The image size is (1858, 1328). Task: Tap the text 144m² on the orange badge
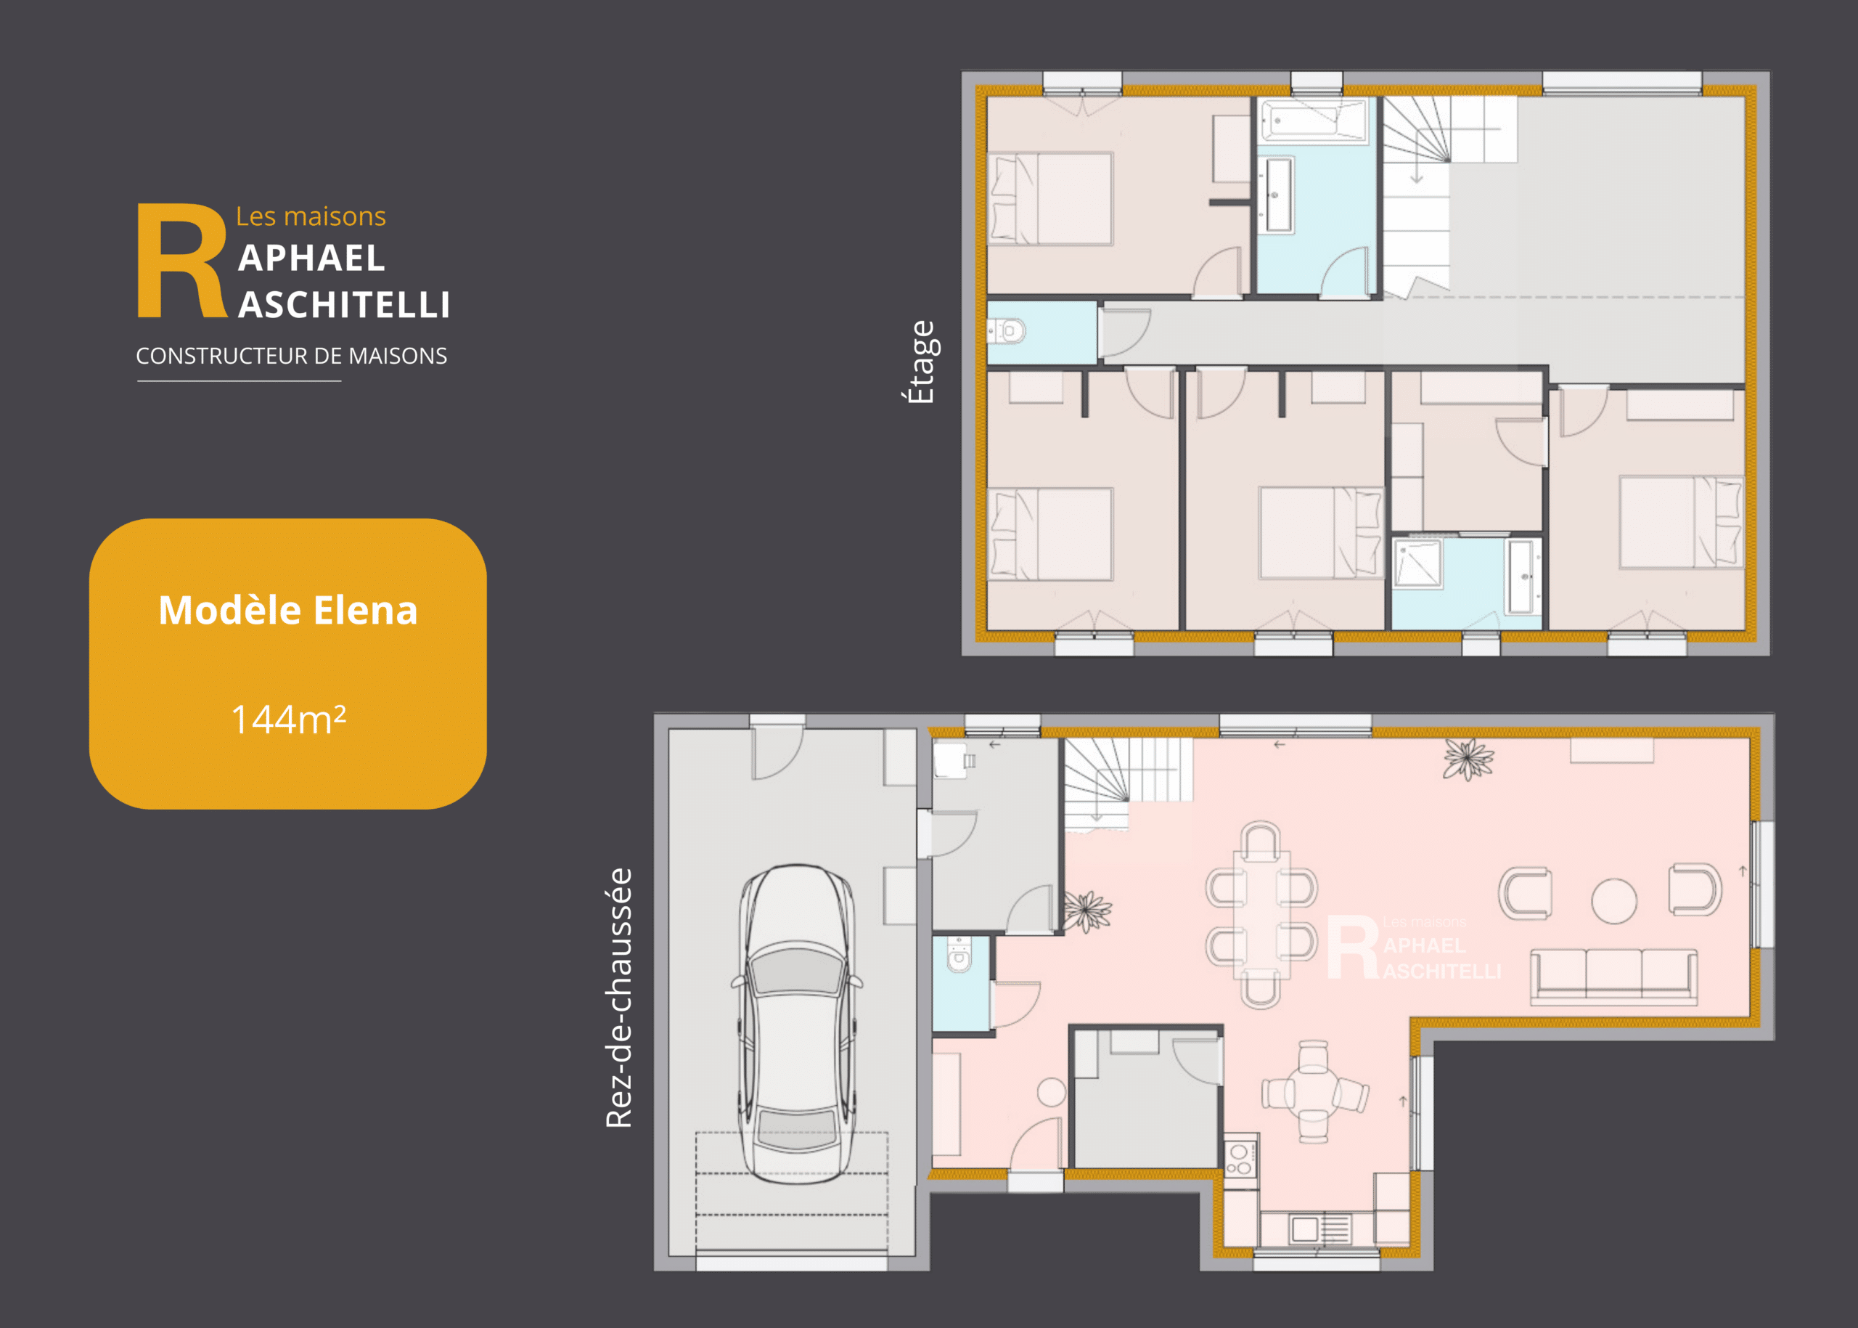[x=289, y=720]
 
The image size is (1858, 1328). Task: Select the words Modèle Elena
[x=287, y=610]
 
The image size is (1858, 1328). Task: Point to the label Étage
[x=920, y=362]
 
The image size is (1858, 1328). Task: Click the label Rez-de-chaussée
[x=619, y=998]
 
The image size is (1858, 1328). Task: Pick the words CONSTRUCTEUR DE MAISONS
[x=291, y=356]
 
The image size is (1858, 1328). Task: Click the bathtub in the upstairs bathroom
[x=1314, y=121]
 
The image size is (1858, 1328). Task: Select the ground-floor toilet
[x=959, y=954]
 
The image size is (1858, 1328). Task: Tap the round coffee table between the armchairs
[x=1613, y=900]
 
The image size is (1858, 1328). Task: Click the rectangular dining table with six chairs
[x=1261, y=915]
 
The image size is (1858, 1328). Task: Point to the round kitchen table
[x=1314, y=1092]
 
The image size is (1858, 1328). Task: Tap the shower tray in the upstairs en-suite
[x=1418, y=563]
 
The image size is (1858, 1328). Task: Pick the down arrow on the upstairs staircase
[x=1417, y=170]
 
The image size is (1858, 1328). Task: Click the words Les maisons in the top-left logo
[x=311, y=216]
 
